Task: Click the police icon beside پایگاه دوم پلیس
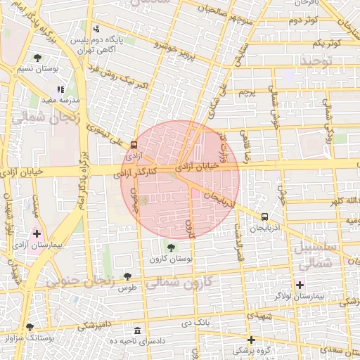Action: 97,30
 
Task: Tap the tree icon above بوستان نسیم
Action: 37,58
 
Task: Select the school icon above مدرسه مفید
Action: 60,89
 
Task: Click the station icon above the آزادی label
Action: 134,144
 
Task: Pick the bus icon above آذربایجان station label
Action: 264,217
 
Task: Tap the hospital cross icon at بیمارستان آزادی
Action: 37,233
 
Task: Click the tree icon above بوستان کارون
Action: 170,247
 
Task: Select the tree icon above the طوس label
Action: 127,276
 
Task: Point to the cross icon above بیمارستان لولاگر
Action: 300,285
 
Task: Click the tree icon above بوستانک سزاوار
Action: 30,327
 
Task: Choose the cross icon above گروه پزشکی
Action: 251,340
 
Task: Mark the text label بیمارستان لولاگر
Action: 318,296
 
